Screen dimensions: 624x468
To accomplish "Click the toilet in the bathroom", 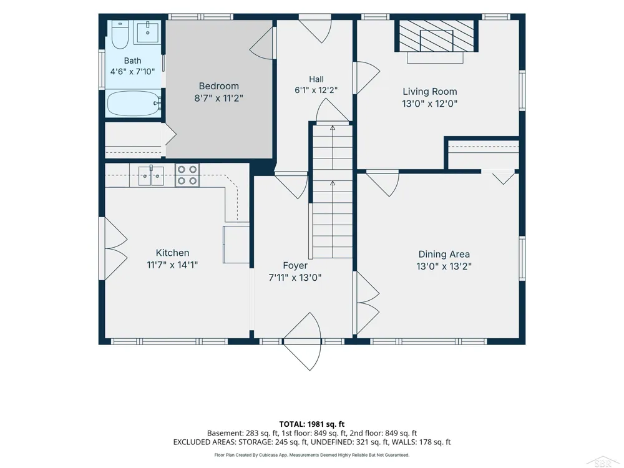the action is tap(119, 34).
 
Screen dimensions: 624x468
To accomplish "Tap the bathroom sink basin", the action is tap(148, 32).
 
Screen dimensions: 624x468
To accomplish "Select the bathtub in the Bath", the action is tap(134, 104).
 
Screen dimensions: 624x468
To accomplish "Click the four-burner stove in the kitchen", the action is tap(187, 175).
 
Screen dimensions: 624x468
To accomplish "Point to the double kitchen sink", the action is tap(151, 176).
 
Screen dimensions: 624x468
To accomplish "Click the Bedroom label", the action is tap(219, 86).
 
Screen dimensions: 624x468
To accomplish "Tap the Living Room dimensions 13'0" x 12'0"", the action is tap(430, 104).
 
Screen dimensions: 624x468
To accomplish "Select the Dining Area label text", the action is tap(444, 254).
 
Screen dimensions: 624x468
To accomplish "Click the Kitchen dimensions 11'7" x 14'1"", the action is tap(172, 265).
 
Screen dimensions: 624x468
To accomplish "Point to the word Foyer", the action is tap(295, 265).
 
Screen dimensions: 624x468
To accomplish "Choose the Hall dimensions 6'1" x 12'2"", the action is tap(316, 90).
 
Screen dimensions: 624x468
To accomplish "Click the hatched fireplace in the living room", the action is tap(437, 36).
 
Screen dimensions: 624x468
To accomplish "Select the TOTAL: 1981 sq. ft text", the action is tap(311, 424).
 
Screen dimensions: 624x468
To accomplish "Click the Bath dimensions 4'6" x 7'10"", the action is tap(132, 72).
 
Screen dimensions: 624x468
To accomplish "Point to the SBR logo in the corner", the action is tap(603, 462).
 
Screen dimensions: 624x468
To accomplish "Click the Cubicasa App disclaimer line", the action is tap(311, 455).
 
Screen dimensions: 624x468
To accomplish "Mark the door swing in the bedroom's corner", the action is tap(262, 43).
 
